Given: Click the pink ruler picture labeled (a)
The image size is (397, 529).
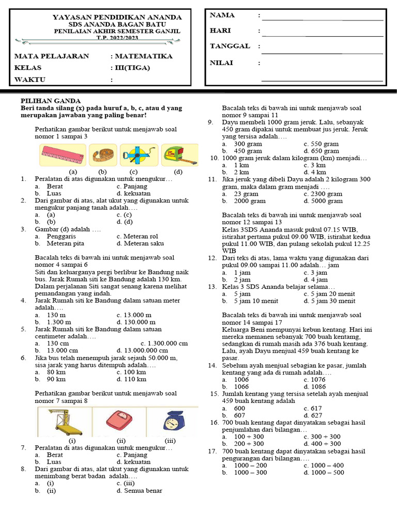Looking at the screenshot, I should [x=62, y=154].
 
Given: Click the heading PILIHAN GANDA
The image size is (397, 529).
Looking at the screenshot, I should [x=50, y=101].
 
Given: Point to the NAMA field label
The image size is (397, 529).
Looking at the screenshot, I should [x=222, y=15].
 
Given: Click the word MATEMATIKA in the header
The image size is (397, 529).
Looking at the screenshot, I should [x=144, y=56].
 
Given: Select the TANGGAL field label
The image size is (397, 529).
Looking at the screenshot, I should [x=230, y=46].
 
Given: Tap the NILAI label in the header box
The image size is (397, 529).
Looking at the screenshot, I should [x=221, y=63].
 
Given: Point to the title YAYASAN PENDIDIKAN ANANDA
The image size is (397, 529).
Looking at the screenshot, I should [x=117, y=18].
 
